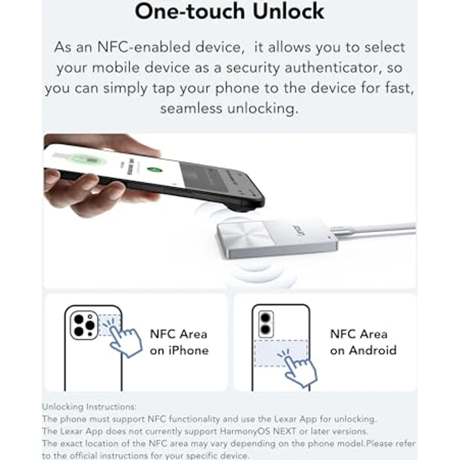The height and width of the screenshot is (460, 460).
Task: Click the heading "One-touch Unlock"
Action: [230, 11]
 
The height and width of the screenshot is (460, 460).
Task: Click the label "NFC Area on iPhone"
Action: [178, 342]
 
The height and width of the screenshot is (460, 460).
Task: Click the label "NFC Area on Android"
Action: [363, 342]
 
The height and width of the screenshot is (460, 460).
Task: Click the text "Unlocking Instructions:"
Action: [89, 407]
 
